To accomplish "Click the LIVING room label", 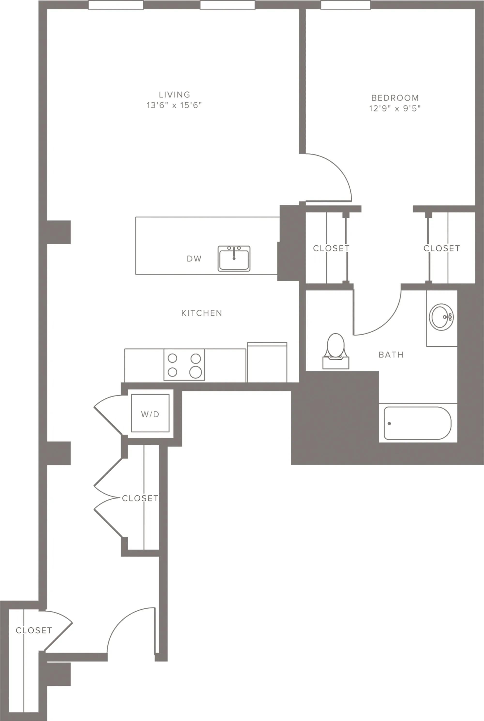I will tap(174, 95).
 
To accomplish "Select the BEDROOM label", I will tap(395, 98).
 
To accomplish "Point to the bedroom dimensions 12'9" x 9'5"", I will tap(395, 109).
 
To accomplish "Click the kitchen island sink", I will tap(234, 259).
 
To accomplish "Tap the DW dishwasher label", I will tap(194, 259).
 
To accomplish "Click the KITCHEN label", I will tap(202, 313).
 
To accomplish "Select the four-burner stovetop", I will tap(184, 365).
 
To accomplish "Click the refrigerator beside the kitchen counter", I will tap(267, 363).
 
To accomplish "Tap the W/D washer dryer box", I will tap(150, 413).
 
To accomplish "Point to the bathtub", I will tap(417, 423).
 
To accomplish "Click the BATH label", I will tap(391, 355).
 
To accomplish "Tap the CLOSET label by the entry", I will tap(34, 631).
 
